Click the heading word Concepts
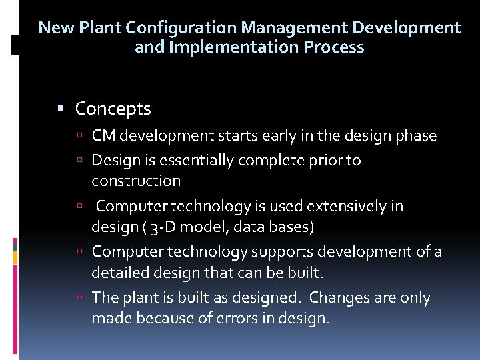(x=113, y=109)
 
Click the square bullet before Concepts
(x=61, y=108)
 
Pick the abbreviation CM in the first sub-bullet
(x=103, y=136)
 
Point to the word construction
(x=136, y=181)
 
